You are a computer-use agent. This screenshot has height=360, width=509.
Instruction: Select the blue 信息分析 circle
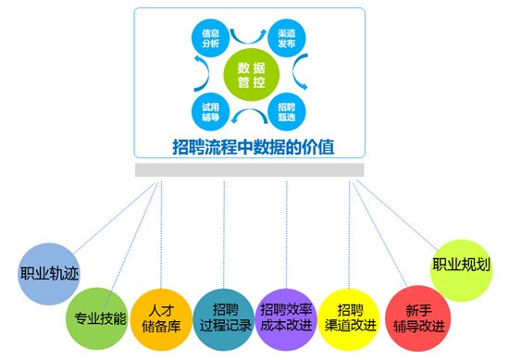pos(209,38)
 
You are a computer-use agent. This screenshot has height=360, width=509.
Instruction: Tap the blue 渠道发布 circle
pos(286,38)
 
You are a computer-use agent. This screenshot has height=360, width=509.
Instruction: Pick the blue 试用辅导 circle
pos(209,112)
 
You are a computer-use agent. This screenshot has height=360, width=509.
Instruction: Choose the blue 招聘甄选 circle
pos(286,112)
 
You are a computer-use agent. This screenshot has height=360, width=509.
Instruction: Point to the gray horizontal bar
pos(250,170)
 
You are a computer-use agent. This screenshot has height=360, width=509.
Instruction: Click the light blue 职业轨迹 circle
pos(44,275)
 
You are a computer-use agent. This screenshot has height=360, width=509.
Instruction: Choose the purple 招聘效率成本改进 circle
pos(285,311)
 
